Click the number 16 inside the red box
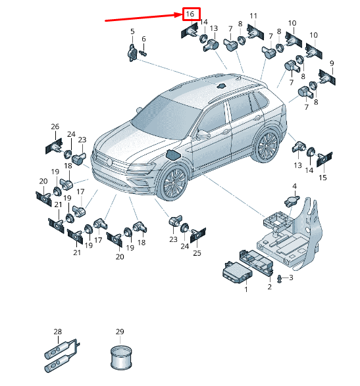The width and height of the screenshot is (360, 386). click(190, 14)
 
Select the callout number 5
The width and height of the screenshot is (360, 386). click(132, 32)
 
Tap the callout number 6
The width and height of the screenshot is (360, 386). click(143, 39)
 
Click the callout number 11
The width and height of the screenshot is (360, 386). click(253, 16)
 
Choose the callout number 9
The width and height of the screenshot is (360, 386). click(332, 64)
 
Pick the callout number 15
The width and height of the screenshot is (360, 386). click(322, 178)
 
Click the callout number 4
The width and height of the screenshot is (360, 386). click(294, 186)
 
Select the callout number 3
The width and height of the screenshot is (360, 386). click(291, 277)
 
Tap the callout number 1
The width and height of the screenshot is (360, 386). click(246, 289)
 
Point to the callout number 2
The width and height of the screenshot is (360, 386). click(270, 287)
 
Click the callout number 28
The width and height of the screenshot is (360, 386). click(58, 331)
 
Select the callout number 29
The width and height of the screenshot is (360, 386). click(120, 331)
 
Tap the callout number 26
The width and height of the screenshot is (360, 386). click(55, 126)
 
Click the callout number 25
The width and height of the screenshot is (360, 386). click(197, 253)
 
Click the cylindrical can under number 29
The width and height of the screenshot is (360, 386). click(121, 358)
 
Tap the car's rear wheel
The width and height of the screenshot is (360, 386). click(267, 145)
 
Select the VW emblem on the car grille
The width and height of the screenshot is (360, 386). click(110, 162)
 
